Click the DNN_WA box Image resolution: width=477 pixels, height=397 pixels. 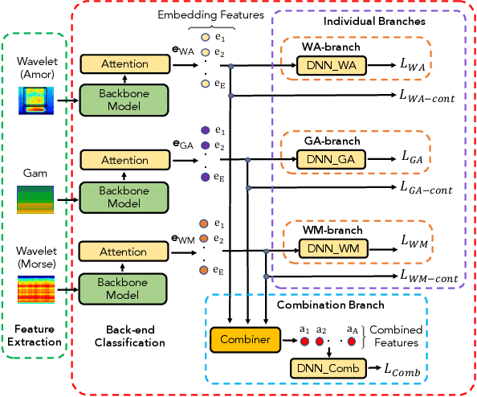pos(332,67)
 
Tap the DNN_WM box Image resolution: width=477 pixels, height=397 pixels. pos(332,250)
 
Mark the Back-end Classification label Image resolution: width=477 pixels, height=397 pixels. pos(135,336)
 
